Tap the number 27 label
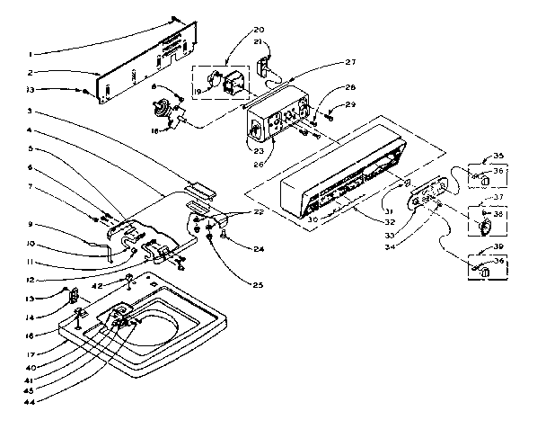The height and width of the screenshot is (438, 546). (x=349, y=62)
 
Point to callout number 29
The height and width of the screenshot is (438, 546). (x=350, y=105)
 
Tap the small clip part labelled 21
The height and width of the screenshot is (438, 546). (x=265, y=66)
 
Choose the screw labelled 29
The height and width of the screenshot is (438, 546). (x=330, y=113)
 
